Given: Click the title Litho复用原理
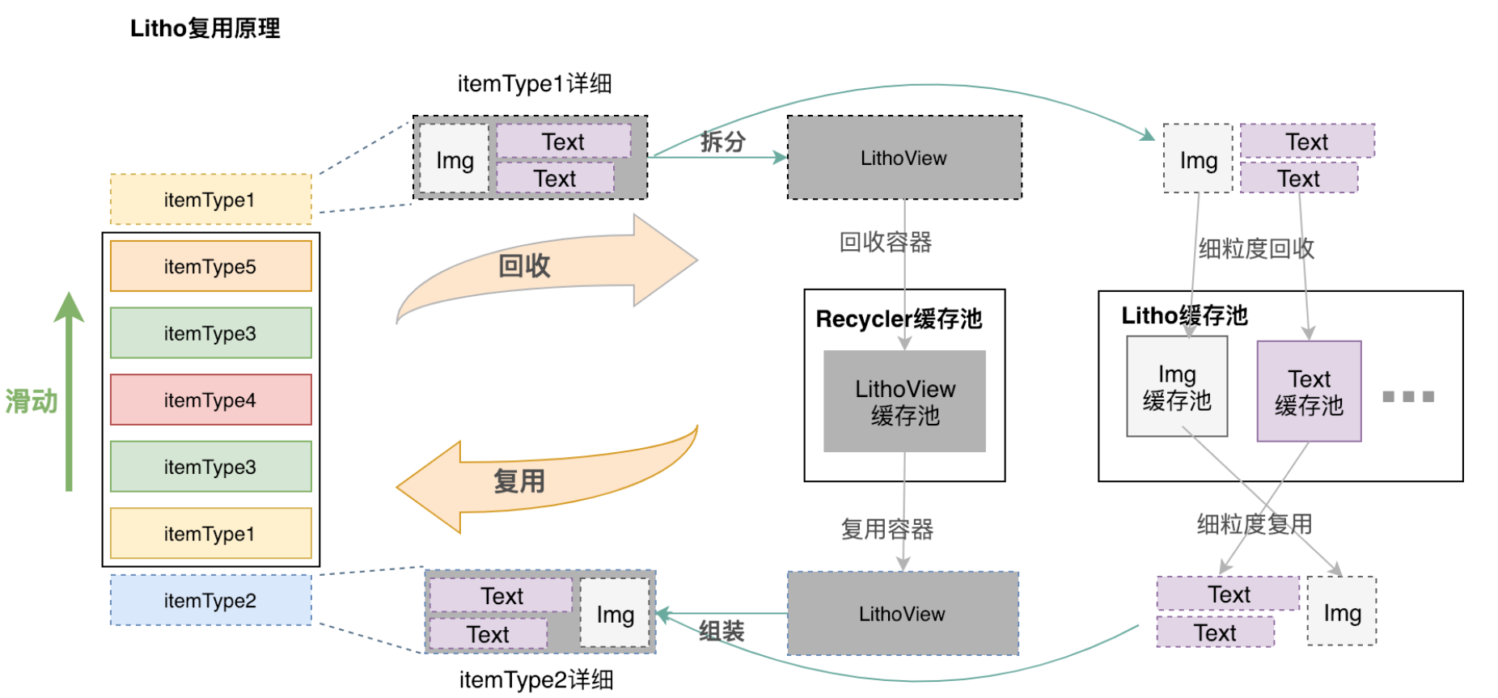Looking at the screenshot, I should [x=205, y=29].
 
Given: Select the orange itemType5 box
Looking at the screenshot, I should [x=210, y=266].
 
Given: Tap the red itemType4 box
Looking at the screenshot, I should [x=210, y=400].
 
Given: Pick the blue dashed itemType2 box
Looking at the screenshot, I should [x=210, y=600].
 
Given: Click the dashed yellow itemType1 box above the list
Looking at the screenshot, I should [x=210, y=199].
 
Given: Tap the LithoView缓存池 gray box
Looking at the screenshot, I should [x=904, y=401].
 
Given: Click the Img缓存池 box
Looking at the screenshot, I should [x=1176, y=387].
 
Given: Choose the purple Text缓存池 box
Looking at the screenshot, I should [x=1309, y=391].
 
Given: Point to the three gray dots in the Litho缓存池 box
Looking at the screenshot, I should [x=1408, y=396].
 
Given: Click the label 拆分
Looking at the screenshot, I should [x=722, y=142].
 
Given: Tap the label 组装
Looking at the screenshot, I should [x=721, y=632].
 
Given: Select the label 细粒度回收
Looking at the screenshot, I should [x=1256, y=248].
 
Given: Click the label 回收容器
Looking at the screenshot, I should [x=886, y=242].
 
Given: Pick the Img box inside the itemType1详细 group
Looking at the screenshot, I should [x=455, y=159].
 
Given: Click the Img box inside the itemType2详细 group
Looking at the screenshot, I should [x=615, y=613].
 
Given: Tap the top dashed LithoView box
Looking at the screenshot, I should [x=904, y=158].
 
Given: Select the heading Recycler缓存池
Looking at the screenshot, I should [x=899, y=319].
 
